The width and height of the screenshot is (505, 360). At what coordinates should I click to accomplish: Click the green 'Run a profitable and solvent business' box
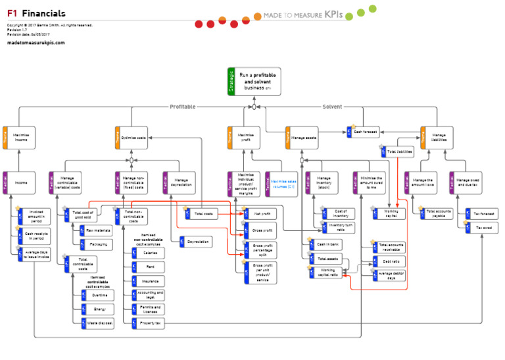click(x=254, y=82)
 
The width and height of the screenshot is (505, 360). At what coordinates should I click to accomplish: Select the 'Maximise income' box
click(x=19, y=138)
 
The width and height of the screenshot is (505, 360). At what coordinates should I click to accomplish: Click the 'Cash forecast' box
click(x=363, y=132)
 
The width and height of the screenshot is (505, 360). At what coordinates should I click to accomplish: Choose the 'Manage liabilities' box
click(x=437, y=138)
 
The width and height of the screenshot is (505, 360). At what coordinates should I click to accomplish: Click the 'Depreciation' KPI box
click(x=195, y=242)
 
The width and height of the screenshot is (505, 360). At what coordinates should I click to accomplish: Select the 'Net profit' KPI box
click(x=256, y=214)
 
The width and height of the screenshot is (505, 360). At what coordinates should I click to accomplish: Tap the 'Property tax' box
click(x=148, y=324)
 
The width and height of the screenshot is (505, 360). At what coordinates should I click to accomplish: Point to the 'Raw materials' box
click(x=95, y=230)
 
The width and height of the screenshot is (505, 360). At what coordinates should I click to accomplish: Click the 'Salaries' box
click(x=148, y=253)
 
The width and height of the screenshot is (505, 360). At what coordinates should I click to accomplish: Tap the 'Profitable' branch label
click(x=182, y=107)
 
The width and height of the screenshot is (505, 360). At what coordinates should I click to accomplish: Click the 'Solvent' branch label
click(x=332, y=107)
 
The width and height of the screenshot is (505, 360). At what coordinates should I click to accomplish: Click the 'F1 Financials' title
click(x=36, y=13)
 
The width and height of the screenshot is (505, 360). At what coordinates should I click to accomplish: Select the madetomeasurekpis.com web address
click(x=36, y=42)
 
